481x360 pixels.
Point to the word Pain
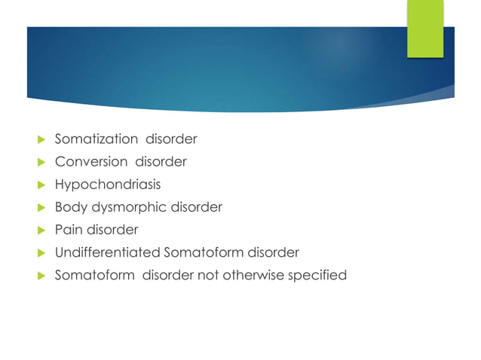tap(68, 230)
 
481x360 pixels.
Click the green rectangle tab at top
tap(425, 29)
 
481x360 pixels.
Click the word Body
tap(70, 207)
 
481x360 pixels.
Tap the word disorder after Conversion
tap(161, 162)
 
